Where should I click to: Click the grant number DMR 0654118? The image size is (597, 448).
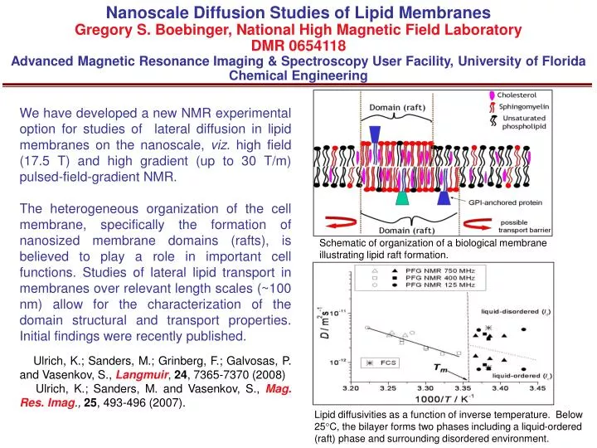coord(298,45)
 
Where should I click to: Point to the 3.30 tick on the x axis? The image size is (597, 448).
coord(424,387)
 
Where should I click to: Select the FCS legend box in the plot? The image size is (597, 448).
coord(382,363)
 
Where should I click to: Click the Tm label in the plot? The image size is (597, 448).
coord(444,366)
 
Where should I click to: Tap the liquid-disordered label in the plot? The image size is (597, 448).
coord(517,312)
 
